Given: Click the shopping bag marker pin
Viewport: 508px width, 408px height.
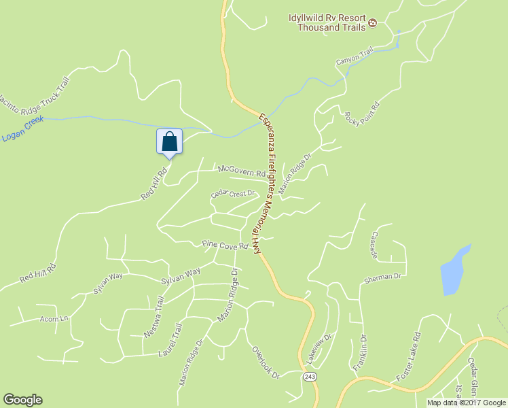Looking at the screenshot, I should pos(170,141).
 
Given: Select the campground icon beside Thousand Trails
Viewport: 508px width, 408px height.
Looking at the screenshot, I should pos(372,24).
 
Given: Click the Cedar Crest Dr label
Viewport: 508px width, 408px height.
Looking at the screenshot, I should pos(232,193).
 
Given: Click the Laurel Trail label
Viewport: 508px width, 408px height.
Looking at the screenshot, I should pos(170,340).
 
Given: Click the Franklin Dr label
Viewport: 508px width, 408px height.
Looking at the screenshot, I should pos(360,353).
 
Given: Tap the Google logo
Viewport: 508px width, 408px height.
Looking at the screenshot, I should pos(23,400).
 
